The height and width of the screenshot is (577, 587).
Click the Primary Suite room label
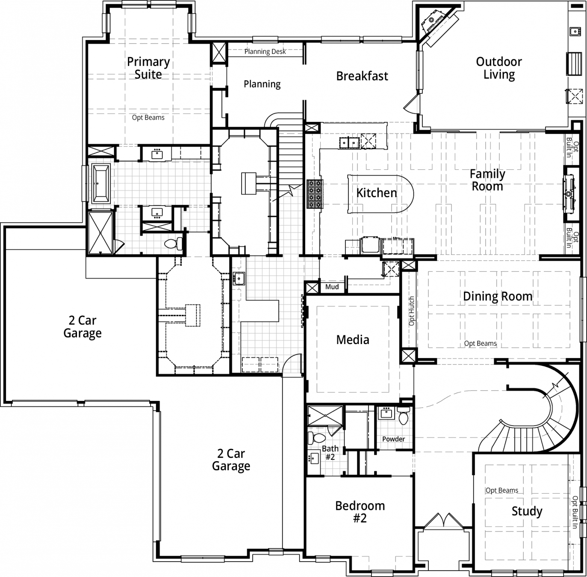tap(148, 68)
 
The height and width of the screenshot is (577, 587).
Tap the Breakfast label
tap(362, 76)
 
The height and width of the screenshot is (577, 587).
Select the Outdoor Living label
tap(499, 68)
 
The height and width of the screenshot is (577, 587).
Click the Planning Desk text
tap(265, 51)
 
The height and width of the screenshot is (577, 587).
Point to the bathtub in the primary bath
tap(101, 183)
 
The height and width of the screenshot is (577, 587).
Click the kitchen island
tap(381, 194)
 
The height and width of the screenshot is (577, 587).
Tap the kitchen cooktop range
tap(315, 194)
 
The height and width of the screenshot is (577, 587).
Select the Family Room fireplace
tap(569, 194)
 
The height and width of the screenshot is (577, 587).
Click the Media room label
tap(352, 340)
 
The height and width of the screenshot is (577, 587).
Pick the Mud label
tap(332, 287)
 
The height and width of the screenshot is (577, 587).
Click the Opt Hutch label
tap(411, 311)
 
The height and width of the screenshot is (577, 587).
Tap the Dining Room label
tap(498, 296)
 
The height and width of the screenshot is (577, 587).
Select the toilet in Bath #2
tap(317, 438)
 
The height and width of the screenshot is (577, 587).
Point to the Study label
tap(527, 511)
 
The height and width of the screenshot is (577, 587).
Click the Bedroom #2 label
tap(360, 512)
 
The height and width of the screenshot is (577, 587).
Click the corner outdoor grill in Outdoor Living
tap(432, 21)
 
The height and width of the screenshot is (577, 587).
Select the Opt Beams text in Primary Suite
tap(148, 118)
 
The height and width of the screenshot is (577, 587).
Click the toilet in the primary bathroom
tap(173, 244)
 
